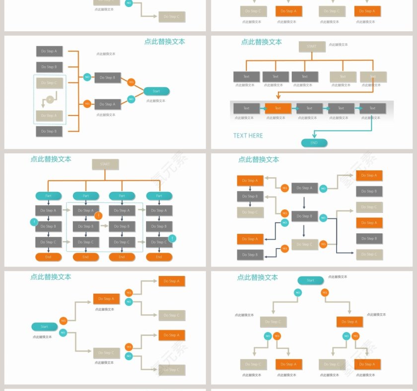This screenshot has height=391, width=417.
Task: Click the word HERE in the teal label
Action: tap(255, 135)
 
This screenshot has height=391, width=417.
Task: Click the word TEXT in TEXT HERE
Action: tap(240, 135)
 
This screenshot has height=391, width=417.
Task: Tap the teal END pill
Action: tap(314, 143)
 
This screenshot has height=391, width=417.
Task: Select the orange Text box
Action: tap(278, 108)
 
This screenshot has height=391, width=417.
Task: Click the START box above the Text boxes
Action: tap(312, 47)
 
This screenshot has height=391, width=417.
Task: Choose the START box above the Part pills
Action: tap(105, 164)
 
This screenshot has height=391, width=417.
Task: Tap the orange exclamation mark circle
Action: tap(98, 215)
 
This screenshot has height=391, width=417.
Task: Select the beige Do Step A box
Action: tap(49, 116)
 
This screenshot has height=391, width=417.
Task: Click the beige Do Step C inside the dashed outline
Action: tap(49, 83)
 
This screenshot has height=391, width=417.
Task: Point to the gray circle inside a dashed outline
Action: tap(49, 99)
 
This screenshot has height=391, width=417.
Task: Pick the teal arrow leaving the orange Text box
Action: tap(293, 108)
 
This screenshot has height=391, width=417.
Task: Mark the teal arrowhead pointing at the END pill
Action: tap(314, 135)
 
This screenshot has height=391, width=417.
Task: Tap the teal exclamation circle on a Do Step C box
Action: tap(172, 238)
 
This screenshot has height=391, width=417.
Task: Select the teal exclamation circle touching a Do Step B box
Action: tap(34, 222)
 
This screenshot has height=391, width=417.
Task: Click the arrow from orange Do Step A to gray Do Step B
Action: tap(250, 189)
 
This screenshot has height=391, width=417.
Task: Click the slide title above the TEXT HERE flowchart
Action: tap(261, 42)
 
